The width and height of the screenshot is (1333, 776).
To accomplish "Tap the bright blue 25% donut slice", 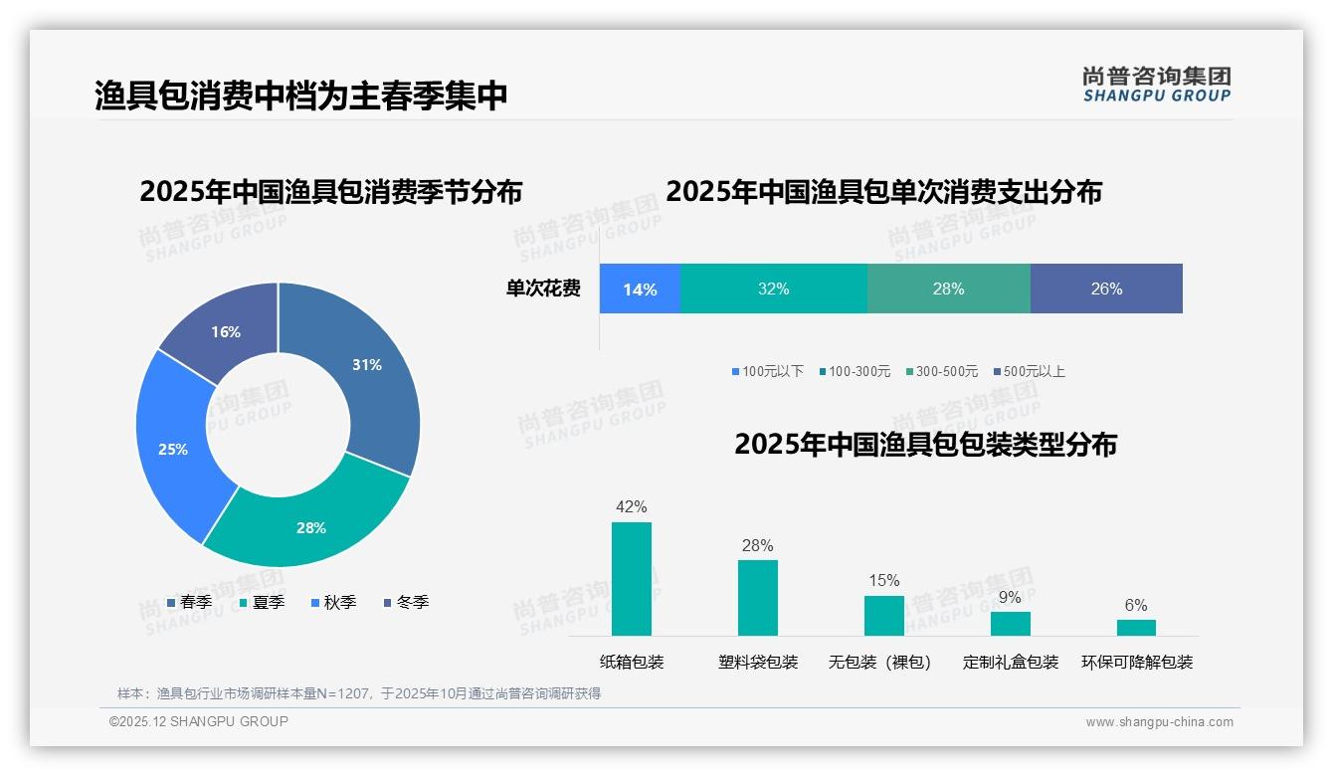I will pyautogui.click(x=173, y=449).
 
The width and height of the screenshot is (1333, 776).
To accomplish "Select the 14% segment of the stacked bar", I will pyautogui.click(x=640, y=289).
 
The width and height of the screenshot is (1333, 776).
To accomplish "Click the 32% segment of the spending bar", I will pyautogui.click(x=773, y=289).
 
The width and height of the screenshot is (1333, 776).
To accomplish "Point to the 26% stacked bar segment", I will pyautogui.click(x=1106, y=289).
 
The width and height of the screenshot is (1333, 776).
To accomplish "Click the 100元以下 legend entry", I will pyautogui.click(x=767, y=371).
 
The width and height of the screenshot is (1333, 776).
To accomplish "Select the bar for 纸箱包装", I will pyautogui.click(x=632, y=578).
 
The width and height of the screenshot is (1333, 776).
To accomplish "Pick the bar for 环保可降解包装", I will pyautogui.click(x=1136, y=627).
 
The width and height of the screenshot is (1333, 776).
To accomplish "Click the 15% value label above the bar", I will pyautogui.click(x=883, y=580).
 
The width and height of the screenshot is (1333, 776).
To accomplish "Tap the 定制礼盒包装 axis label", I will pyautogui.click(x=1011, y=662).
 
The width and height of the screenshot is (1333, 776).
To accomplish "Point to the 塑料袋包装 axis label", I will pyautogui.click(x=758, y=662).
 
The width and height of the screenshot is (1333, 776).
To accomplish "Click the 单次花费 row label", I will pyautogui.click(x=543, y=289).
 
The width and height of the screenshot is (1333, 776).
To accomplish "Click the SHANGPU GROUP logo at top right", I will pyautogui.click(x=1157, y=84).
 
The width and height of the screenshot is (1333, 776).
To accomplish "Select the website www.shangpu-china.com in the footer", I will pyautogui.click(x=1159, y=721).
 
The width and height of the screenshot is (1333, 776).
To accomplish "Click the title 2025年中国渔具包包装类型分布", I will pyautogui.click(x=925, y=444).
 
